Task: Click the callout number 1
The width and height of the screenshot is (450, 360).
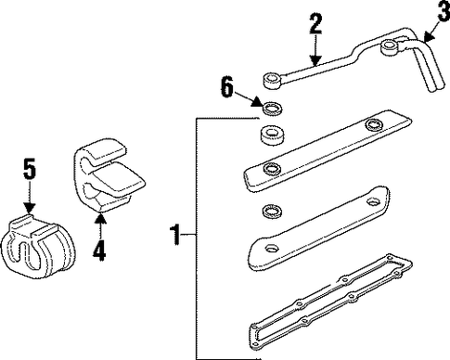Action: coord(174,236)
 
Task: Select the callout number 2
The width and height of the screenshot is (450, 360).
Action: coord(315,23)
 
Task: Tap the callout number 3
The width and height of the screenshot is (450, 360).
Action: coord(444,11)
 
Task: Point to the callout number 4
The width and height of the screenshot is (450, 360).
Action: coord(99,251)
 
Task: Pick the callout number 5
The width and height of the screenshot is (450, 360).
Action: coord(30,169)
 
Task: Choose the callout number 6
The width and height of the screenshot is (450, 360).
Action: coord(227,87)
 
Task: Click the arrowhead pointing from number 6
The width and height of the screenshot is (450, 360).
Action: coord(257,102)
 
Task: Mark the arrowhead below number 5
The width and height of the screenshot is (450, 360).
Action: coord(30,207)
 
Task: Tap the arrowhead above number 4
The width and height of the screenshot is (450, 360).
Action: coord(99,218)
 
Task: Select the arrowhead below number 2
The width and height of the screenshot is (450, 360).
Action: coord(315,60)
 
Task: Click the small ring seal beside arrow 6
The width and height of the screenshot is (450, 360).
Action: coord(273,109)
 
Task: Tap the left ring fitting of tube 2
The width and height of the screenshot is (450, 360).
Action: coord(272,81)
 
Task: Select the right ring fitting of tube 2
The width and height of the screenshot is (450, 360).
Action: coord(390,49)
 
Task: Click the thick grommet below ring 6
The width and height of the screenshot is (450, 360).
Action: coord(271,135)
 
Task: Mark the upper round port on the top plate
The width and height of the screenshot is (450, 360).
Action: coord(373,125)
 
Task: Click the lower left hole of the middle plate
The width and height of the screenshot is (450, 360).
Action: coord(272,248)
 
